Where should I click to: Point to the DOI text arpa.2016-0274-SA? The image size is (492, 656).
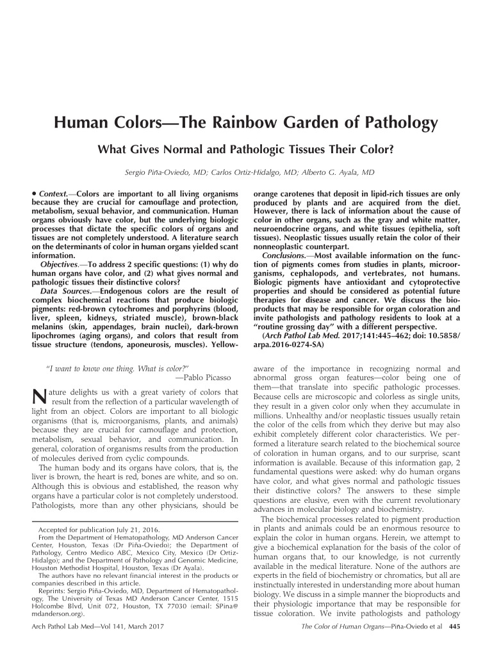(x=290, y=344)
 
